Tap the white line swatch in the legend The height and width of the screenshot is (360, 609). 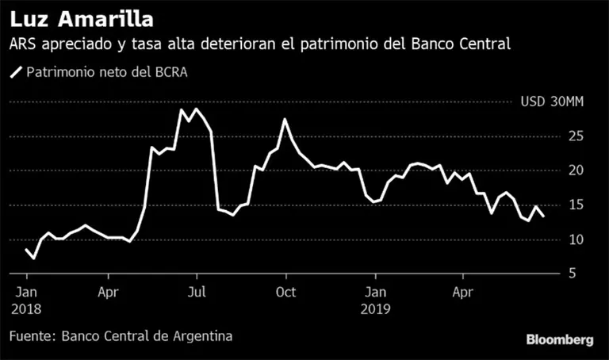pyautogui.click(x=16, y=72)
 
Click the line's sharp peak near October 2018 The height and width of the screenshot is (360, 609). pyautogui.click(x=285, y=120)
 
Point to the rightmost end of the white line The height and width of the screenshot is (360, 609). pyautogui.click(x=543, y=216)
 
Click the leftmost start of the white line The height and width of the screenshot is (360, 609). pyautogui.click(x=26, y=250)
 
